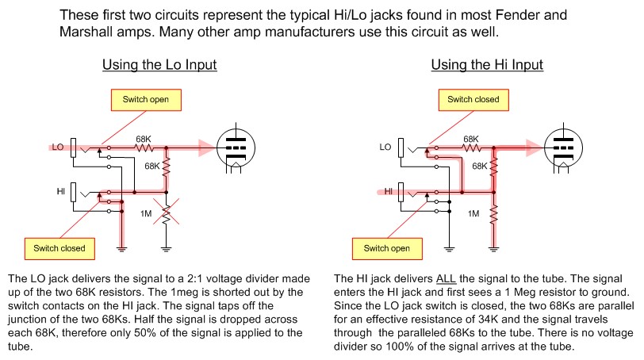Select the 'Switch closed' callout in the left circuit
[x=59, y=248]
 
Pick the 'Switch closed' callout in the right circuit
[x=473, y=100]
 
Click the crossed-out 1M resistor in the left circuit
[x=166, y=214]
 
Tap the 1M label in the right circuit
[x=473, y=214]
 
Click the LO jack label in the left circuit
[x=58, y=147]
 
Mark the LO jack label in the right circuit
[x=385, y=147]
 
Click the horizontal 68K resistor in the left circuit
[x=144, y=147]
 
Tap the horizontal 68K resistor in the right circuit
[x=471, y=147]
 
